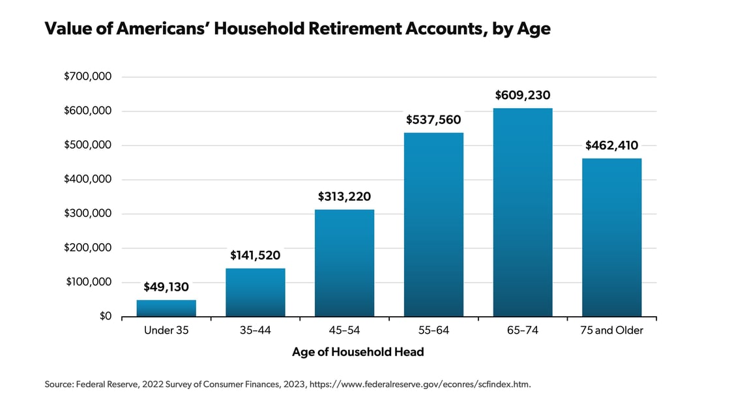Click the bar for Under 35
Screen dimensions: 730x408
(166, 308)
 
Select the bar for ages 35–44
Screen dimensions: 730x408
(255, 293)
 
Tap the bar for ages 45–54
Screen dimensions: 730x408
(345, 263)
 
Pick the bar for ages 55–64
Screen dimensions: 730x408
(433, 225)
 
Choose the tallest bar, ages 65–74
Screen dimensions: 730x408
(523, 212)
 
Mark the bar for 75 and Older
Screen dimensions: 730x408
(612, 237)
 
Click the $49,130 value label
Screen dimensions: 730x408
(166, 287)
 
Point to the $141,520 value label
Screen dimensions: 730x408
(255, 255)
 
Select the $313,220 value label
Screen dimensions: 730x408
(345, 197)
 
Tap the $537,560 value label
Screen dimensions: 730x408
(433, 120)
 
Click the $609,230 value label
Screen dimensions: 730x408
(523, 95)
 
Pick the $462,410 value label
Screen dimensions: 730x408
(612, 145)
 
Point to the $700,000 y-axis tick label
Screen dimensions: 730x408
(87, 76)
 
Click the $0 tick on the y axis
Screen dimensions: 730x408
(106, 316)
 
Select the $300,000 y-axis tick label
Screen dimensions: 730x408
(87, 213)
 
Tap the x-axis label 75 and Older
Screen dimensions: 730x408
(612, 330)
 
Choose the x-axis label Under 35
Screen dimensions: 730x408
(166, 330)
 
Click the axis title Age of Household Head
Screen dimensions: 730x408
(358, 352)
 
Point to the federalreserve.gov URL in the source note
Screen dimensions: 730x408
(420, 385)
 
